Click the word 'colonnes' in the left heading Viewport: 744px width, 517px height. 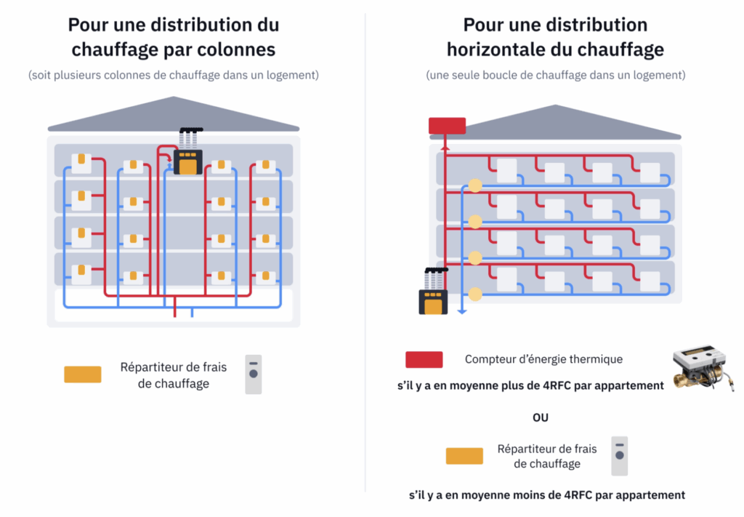click(240, 49)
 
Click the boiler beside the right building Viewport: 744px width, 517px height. click(434, 294)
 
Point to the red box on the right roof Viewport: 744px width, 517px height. click(447, 126)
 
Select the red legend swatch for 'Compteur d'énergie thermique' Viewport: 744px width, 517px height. click(424, 359)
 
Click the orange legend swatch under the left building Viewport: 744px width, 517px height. click(83, 374)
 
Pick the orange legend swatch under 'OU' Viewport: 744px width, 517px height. click(464, 456)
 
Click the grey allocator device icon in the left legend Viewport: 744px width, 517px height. click(253, 374)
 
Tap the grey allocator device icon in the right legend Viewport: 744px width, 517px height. click(619, 456)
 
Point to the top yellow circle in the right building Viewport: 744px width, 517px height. click(475, 185)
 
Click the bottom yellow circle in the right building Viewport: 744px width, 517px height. click(475, 294)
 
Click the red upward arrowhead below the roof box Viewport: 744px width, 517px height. click(447, 146)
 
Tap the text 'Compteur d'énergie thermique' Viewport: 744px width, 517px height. click(543, 359)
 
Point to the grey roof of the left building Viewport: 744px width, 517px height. click(174, 116)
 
